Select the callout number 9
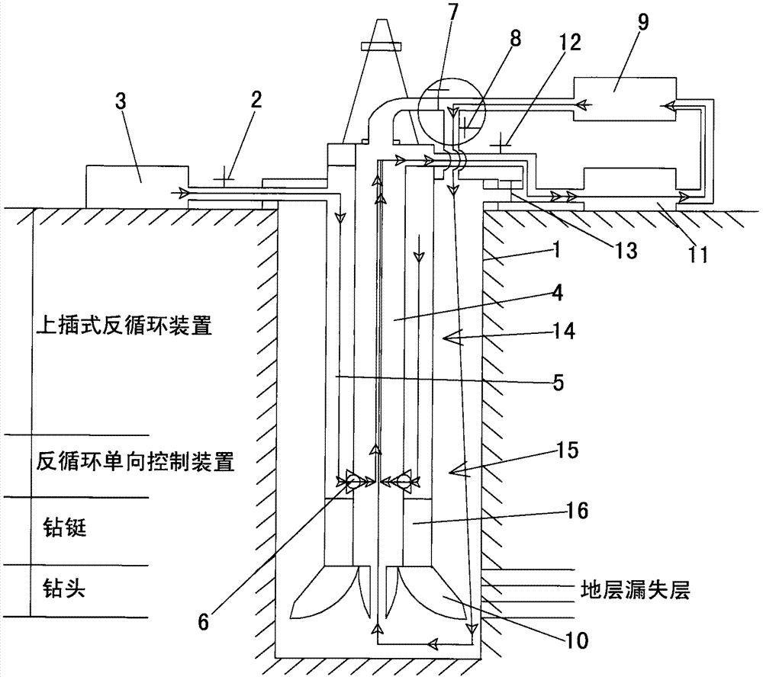pos(642,22)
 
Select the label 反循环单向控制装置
pos(134,462)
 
